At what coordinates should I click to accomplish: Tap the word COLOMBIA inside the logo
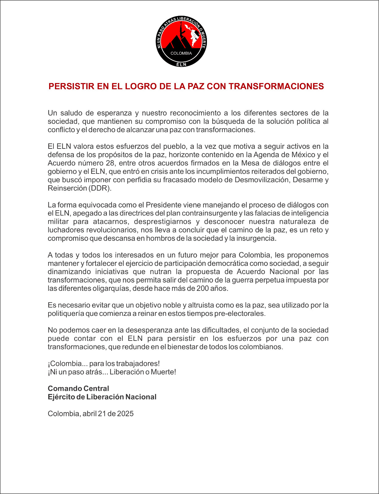[181, 53]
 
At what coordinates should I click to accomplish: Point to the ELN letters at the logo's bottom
[181, 64]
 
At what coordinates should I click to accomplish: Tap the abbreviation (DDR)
[100, 188]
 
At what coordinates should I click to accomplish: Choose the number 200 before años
[203, 289]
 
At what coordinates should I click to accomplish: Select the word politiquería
[66, 314]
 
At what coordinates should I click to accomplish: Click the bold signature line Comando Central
[78, 388]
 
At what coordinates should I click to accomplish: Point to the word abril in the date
[89, 414]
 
